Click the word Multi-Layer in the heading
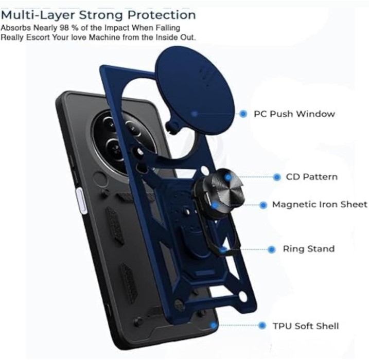pos(38,15)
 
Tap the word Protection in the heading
pos(162,15)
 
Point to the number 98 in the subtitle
pos(64,28)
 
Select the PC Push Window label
pos(294,114)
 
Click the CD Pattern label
pos(311,177)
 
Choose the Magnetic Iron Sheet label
pos(320,205)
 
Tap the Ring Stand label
pos(308,249)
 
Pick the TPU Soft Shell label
pos(306,326)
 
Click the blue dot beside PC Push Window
pos(243,114)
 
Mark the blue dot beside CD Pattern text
pos(277,177)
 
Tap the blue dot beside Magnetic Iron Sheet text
pos(263,205)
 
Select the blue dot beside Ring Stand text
pos(272,249)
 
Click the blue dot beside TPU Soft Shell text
pos(262,326)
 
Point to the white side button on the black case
pos(80,201)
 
